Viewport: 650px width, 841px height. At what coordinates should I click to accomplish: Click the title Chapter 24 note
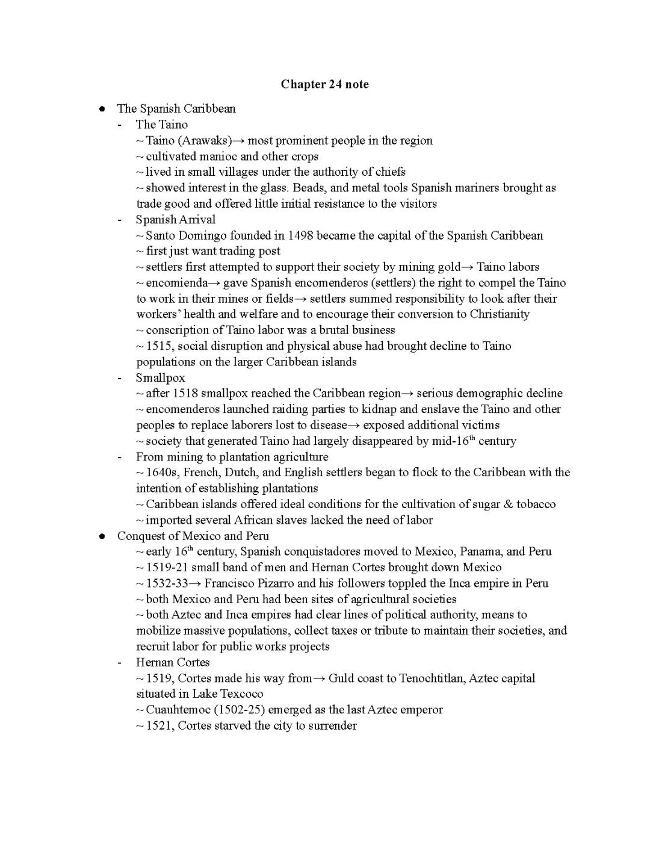pos(324,84)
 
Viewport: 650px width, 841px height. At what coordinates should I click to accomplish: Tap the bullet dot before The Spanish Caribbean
pos(103,109)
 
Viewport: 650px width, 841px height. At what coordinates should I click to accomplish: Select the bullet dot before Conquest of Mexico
pos(103,536)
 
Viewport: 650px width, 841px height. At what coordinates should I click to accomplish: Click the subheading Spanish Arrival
pos(175,220)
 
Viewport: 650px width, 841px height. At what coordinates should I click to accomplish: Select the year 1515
pos(159,346)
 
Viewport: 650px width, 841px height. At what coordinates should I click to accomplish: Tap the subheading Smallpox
pos(160,378)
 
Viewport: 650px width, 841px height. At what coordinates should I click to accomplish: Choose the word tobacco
pos(536,504)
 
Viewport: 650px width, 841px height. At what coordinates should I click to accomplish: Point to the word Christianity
pos(500,314)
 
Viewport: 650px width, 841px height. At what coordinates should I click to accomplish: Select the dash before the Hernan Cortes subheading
pos(120,663)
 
